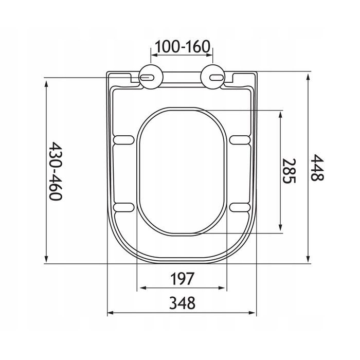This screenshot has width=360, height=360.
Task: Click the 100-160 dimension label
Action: [x=182, y=46]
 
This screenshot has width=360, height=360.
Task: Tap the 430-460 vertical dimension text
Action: [x=56, y=171]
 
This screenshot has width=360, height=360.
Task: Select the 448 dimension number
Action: [x=317, y=167]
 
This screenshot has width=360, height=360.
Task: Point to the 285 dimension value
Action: [x=289, y=171]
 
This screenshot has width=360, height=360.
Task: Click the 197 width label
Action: [x=182, y=279]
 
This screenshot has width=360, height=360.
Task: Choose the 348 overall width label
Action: [x=182, y=303]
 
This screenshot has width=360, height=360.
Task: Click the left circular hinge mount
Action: [x=151, y=77]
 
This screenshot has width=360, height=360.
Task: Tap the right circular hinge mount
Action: [x=212, y=77]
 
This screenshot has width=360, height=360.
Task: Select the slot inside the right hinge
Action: [x=217, y=78]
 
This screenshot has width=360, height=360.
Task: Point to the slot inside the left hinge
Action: [x=147, y=78]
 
